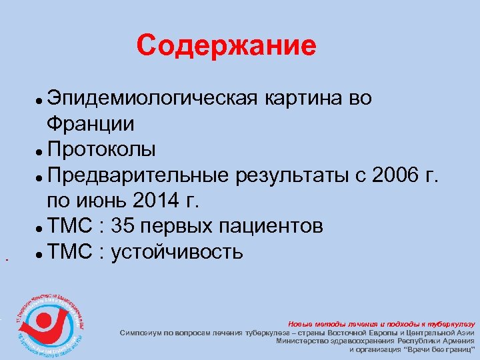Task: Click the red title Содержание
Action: tap(226, 46)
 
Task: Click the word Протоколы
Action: tap(102, 150)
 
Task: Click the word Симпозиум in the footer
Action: tap(143, 331)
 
